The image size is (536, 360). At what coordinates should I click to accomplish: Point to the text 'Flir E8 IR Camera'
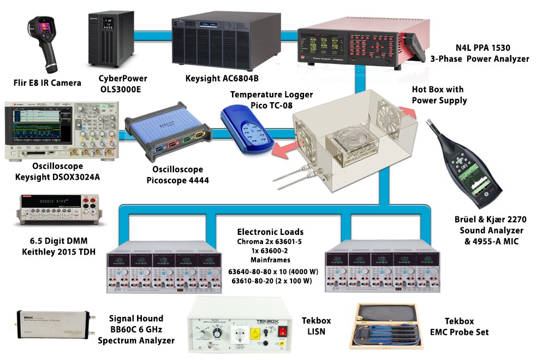tap(47, 83)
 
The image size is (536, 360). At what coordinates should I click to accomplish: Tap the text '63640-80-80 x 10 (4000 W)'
tap(269, 271)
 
